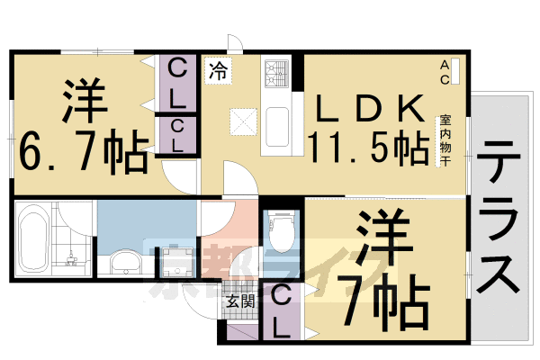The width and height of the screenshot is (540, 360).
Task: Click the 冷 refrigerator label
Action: tap(218, 70)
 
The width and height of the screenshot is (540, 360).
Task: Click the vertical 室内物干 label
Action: tap(445, 140)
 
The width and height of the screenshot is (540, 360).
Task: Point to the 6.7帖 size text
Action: tap(83, 153)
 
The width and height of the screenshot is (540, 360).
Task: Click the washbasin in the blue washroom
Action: tap(123, 264)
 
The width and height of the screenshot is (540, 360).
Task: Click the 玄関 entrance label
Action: tap(238, 301)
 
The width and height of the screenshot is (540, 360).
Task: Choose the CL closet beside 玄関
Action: tap(281, 310)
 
